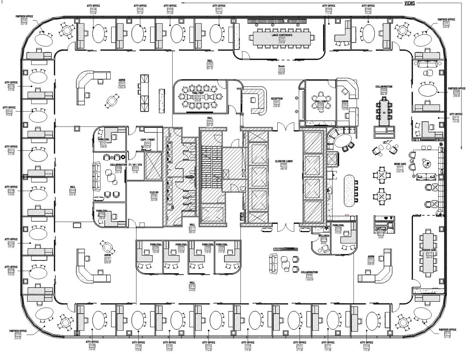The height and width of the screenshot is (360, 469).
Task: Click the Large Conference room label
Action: (x=282, y=35)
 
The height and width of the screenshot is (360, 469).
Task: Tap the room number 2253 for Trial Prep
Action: (x=198, y=97)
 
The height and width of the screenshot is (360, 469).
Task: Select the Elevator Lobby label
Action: (x=284, y=161)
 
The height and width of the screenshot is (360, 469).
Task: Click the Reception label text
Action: (x=277, y=99)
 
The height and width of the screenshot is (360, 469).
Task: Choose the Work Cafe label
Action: (x=399, y=164)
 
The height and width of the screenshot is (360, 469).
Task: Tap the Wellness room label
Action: (x=324, y=235)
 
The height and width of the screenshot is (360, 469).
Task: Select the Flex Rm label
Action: (x=154, y=192)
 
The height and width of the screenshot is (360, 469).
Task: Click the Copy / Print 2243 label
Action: (x=148, y=139)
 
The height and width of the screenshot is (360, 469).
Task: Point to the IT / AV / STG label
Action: (x=135, y=165)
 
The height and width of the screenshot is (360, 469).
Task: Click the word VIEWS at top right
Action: (x=409, y=3)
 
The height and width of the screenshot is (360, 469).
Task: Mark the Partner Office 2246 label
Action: (x=24, y=16)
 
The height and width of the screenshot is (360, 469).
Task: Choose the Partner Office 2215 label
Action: (x=447, y=330)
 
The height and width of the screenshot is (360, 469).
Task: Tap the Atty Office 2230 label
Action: (x=92, y=342)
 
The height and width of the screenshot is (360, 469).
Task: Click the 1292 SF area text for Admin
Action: (x=122, y=87)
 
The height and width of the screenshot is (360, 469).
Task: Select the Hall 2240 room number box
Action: (x=72, y=190)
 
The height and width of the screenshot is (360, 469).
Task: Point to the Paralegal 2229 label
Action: (x=156, y=244)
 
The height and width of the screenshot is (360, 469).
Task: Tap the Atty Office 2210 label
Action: (x=456, y=114)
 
